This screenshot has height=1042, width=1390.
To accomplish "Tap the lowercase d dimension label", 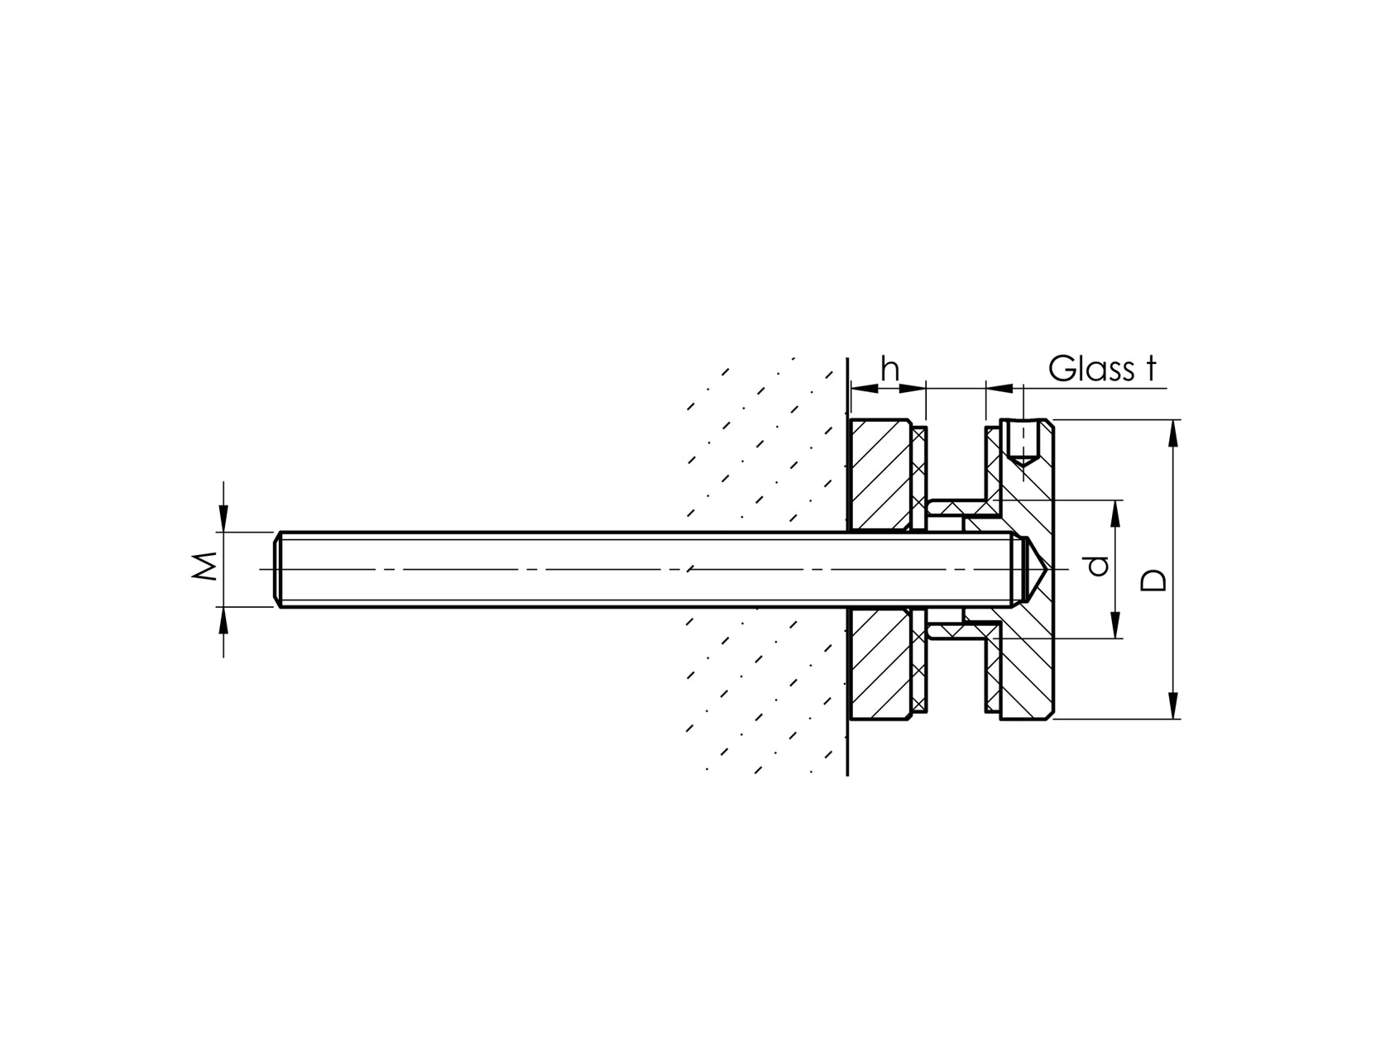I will click(x=1097, y=567).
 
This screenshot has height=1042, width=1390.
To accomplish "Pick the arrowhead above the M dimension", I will click(x=223, y=519).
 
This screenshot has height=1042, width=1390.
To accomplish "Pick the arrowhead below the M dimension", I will click(x=223, y=619).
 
